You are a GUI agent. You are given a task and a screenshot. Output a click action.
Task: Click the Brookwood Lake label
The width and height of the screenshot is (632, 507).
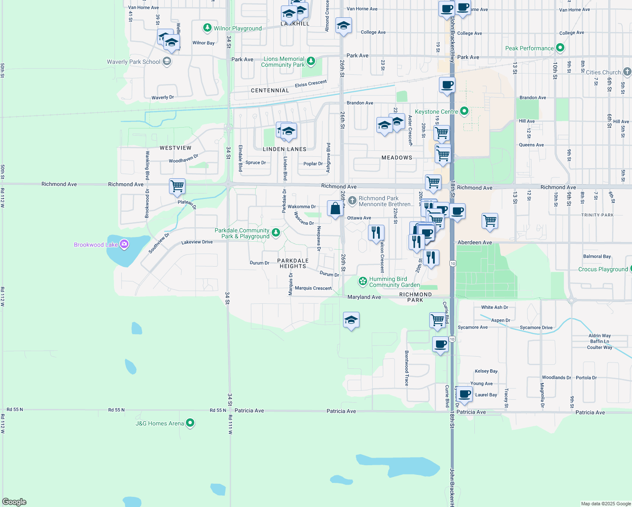point(95,245)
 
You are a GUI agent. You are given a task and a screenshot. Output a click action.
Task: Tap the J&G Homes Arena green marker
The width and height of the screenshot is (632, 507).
point(190,422)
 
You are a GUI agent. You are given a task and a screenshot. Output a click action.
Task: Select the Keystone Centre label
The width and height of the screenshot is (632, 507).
point(436,112)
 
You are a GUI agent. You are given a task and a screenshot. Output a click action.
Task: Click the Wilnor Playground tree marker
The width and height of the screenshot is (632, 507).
point(207,28)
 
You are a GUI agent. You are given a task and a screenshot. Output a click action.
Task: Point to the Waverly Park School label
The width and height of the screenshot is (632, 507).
point(133,62)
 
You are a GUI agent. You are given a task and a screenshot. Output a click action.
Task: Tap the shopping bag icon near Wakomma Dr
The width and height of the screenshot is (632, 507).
point(335,209)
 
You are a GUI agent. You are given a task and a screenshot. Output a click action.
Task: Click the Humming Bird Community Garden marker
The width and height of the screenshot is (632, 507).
point(362,281)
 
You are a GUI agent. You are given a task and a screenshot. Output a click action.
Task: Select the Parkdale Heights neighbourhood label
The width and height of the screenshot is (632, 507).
point(293,263)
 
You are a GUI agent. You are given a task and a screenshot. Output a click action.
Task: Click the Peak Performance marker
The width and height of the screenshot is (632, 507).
point(560,48)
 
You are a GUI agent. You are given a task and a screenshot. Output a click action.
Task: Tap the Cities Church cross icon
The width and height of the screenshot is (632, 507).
point(627,72)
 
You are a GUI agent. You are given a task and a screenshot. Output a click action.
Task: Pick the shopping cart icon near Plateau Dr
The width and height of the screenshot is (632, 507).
point(177,186)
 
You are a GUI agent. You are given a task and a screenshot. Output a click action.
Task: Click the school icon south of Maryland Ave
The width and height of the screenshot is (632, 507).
point(351,320)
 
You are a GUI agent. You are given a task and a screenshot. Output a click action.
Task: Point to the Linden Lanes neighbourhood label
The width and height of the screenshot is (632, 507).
point(284,149)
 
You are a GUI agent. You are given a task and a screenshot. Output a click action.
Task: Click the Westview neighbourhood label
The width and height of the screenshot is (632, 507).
point(175,148)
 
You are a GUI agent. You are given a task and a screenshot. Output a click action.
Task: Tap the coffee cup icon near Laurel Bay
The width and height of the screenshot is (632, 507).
point(464,394)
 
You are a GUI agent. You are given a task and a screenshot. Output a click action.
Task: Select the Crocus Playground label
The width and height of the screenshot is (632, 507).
point(603,269)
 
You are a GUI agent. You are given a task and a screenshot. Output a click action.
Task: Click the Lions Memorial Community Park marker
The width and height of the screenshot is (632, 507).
point(311,61)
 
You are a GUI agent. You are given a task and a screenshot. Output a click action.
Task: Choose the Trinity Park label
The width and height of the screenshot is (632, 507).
point(597,215)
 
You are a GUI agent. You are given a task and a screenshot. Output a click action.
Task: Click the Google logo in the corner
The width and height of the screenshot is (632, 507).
point(14,502)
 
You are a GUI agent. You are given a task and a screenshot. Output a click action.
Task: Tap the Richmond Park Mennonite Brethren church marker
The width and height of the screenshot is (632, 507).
point(352,200)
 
